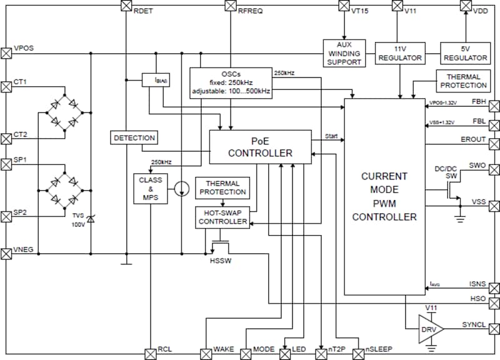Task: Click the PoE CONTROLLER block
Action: [260, 147]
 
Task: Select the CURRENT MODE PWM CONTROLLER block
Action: [384, 197]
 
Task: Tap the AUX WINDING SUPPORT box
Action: [344, 53]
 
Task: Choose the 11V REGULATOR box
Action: [400, 53]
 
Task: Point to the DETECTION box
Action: [134, 137]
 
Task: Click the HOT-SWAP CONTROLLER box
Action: [222, 216]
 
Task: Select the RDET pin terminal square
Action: [126, 6]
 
